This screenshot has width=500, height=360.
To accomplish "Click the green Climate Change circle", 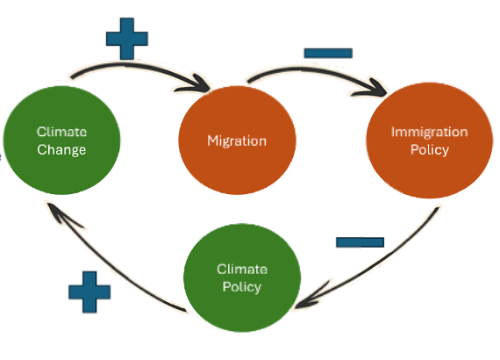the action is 61,140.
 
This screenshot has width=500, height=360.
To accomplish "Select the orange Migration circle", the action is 237,140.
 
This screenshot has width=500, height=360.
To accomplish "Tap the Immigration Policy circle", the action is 430,140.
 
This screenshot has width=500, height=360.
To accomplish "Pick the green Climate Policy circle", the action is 242,278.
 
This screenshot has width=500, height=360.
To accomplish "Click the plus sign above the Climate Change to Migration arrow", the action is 127,39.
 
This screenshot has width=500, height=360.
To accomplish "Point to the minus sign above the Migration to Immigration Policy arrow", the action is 328,53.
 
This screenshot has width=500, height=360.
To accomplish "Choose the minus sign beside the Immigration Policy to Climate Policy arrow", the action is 360,242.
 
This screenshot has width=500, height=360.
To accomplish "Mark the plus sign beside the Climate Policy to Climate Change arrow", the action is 89,292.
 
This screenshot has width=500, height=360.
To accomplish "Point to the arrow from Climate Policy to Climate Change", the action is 105,265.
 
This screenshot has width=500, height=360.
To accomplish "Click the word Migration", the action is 237,141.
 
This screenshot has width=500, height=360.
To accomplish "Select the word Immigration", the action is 430,132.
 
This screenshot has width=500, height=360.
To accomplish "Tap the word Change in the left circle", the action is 61,150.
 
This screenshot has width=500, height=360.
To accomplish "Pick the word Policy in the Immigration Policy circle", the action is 430,150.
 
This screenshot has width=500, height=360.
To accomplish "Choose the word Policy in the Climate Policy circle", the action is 242,287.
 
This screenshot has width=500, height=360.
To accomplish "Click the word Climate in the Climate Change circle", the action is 61,132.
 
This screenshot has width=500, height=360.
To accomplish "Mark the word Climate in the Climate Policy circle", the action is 242,270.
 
